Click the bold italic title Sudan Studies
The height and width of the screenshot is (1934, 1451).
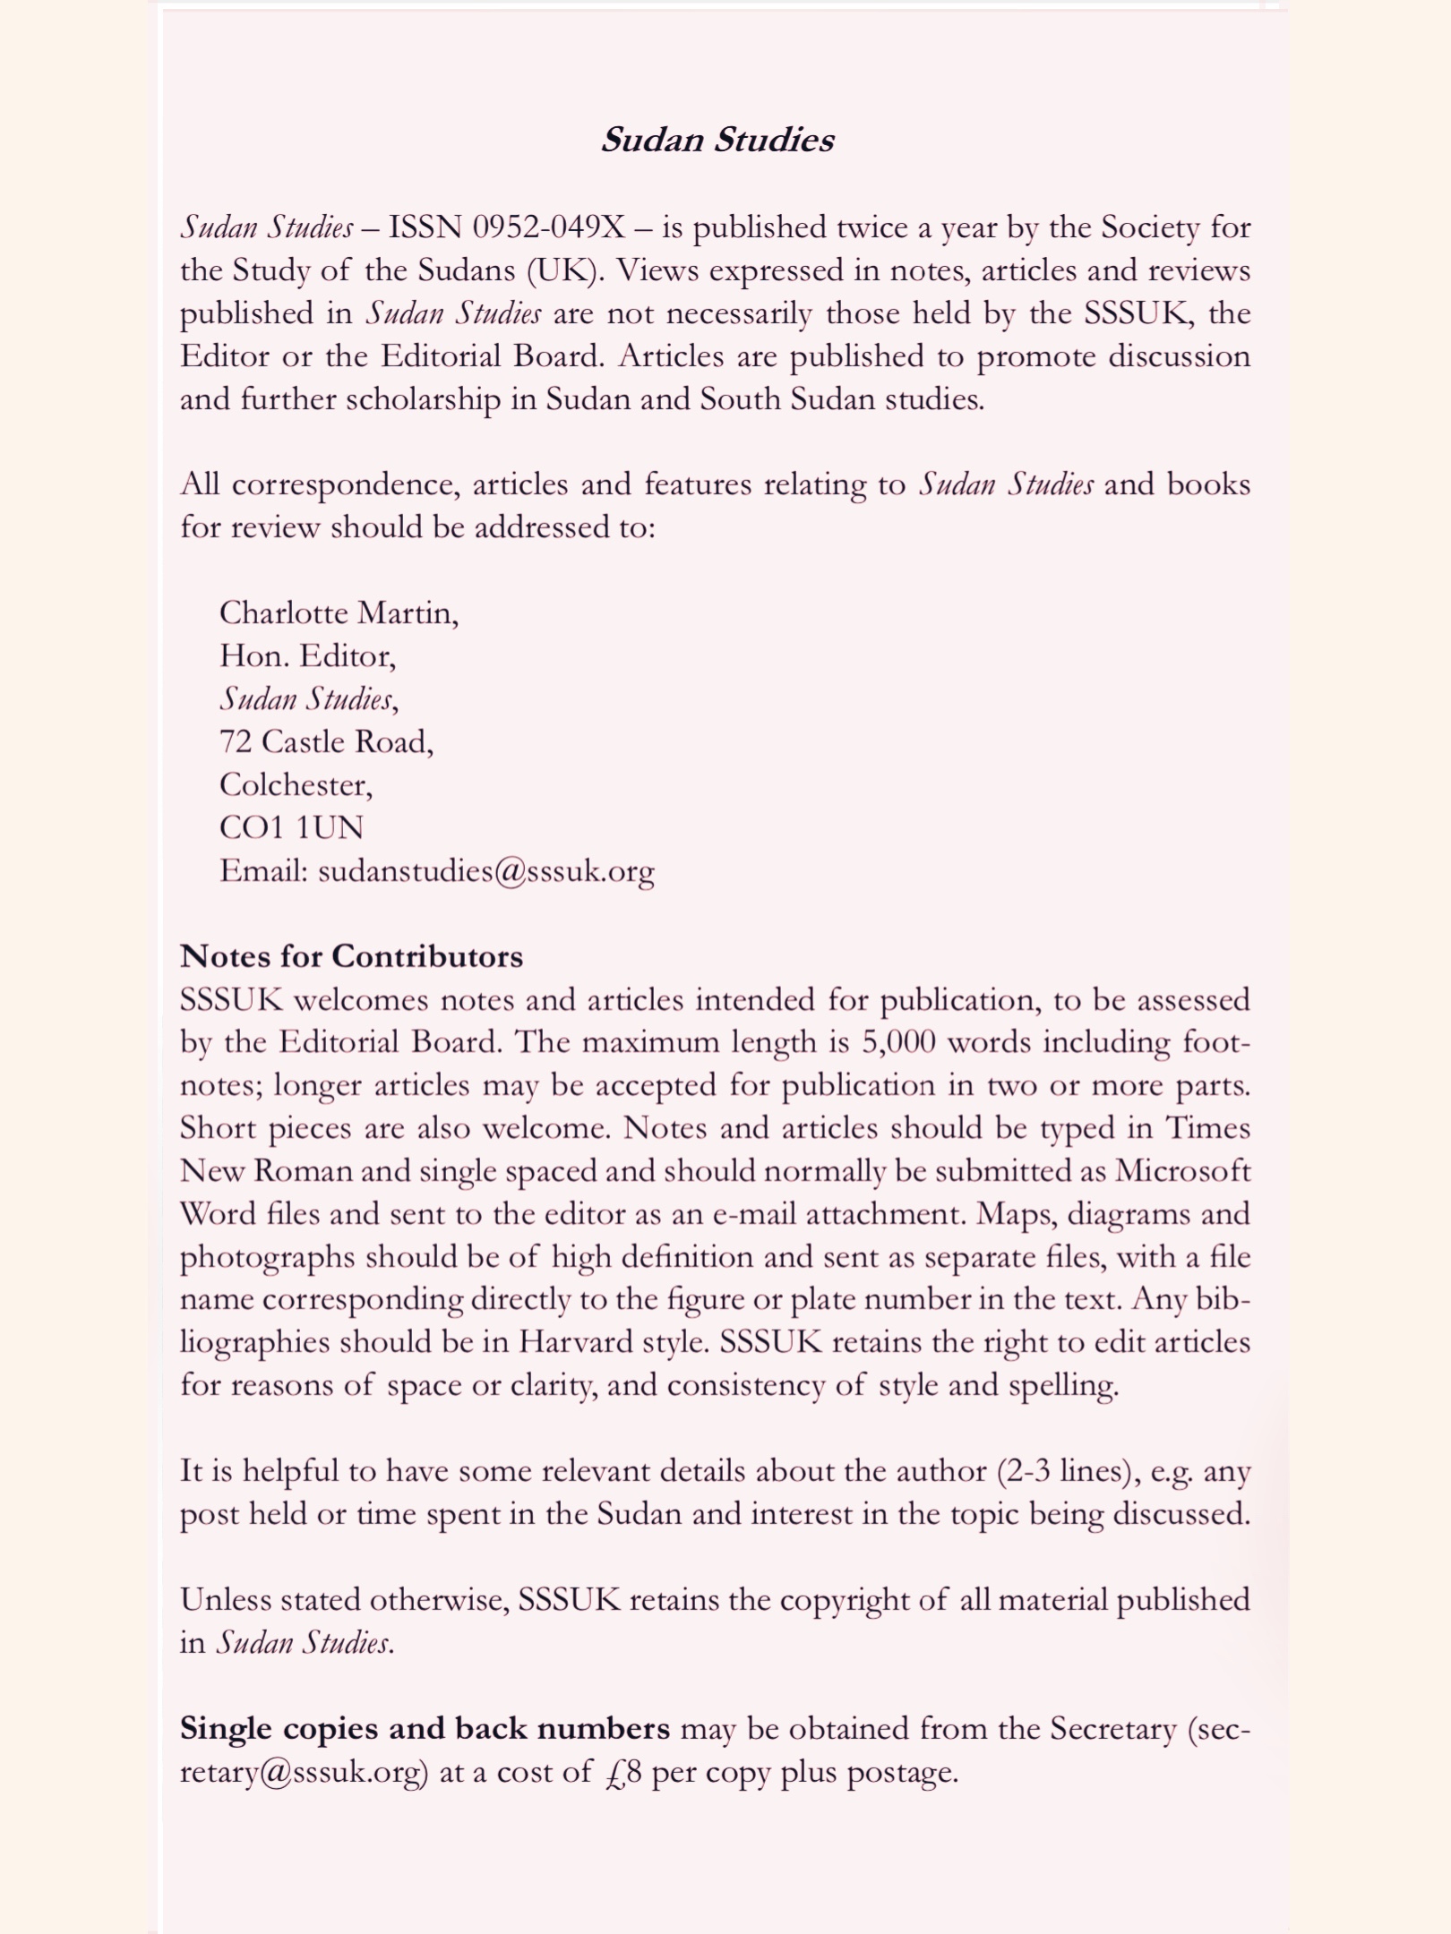(717, 140)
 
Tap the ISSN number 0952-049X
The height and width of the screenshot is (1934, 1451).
(549, 227)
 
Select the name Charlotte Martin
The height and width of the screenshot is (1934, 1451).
(338, 612)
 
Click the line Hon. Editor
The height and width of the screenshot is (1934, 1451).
(306, 656)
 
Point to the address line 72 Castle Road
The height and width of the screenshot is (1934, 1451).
(326, 741)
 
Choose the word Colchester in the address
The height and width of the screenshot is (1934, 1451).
(295, 784)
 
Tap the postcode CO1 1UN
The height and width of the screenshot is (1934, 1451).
(291, 827)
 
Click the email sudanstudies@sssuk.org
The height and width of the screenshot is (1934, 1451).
(486, 870)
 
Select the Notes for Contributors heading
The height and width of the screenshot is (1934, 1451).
(351, 956)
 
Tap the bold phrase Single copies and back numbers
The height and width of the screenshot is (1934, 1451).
(425, 1728)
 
